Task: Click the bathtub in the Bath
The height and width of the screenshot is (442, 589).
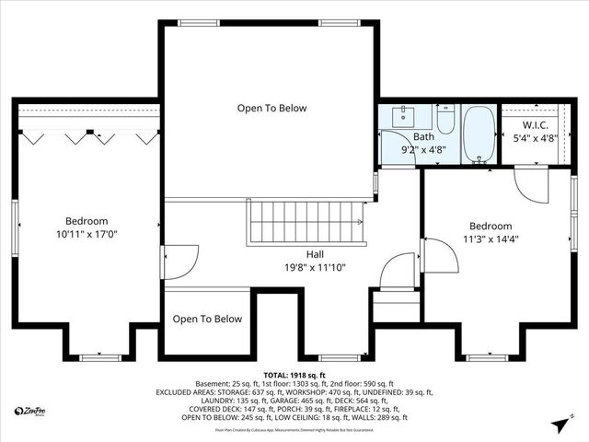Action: click(x=479, y=134)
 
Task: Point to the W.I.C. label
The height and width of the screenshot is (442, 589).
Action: click(x=537, y=124)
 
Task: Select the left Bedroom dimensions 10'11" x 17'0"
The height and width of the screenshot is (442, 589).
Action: click(x=87, y=235)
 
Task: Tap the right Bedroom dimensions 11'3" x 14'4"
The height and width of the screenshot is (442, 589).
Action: click(x=491, y=240)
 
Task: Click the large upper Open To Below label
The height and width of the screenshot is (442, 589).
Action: click(x=272, y=108)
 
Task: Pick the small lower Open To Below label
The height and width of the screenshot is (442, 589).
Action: click(x=208, y=320)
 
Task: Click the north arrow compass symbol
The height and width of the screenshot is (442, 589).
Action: click(x=559, y=425)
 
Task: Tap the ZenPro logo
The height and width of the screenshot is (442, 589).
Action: click(x=33, y=411)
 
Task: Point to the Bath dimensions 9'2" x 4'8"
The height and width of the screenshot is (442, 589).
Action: click(x=424, y=148)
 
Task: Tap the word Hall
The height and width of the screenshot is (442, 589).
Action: click(x=315, y=254)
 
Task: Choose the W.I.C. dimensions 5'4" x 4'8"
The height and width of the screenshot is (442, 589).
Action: click(x=537, y=139)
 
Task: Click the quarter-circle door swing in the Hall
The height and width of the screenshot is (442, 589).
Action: click(x=398, y=273)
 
